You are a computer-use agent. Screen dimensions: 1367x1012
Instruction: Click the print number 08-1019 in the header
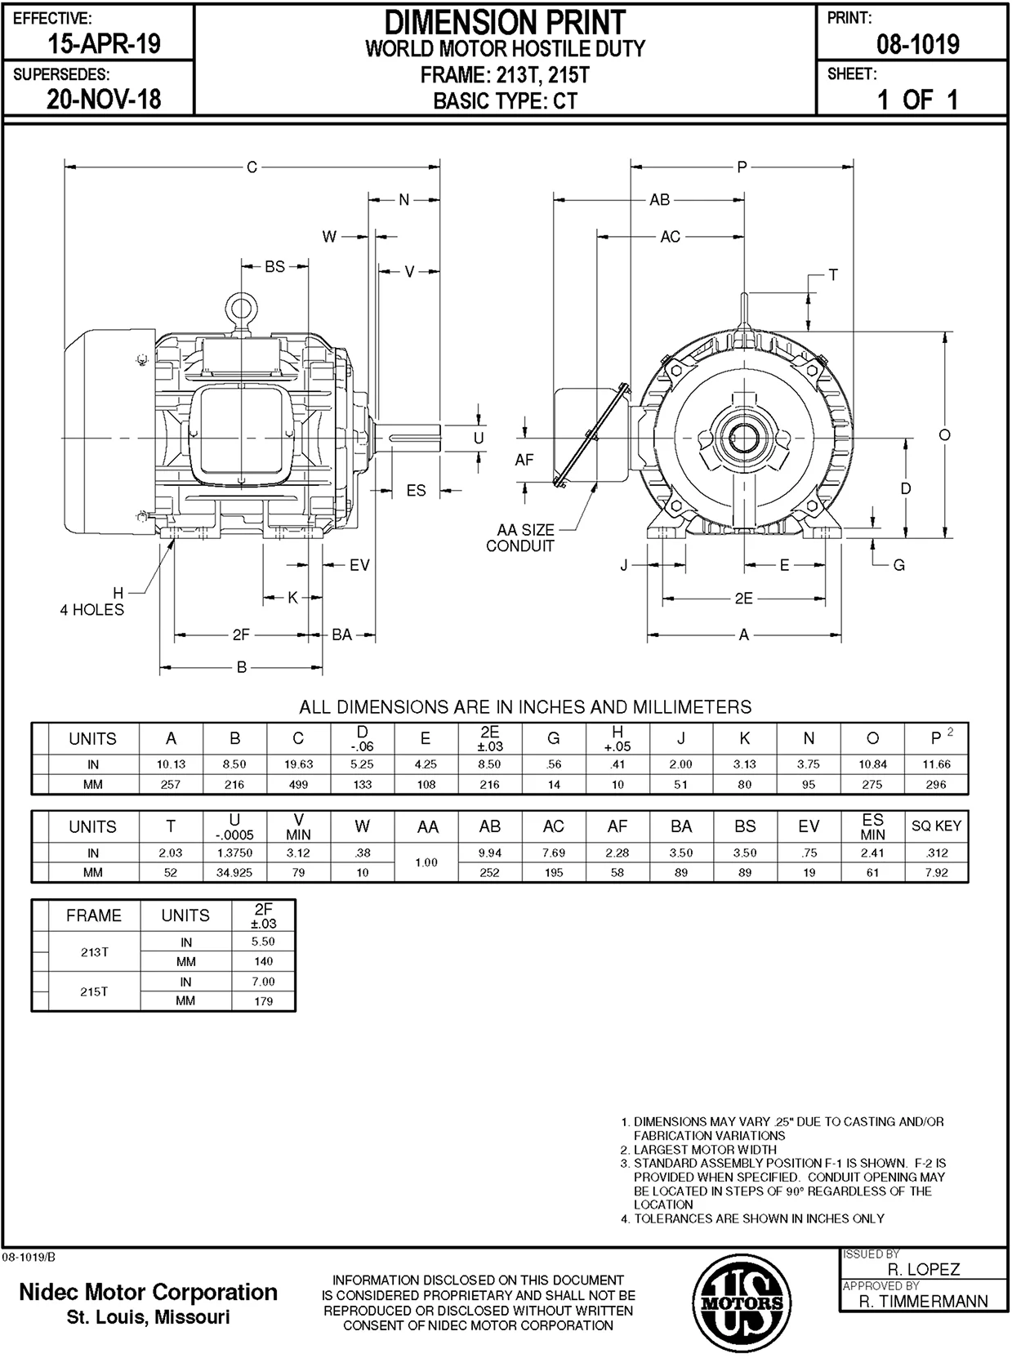[918, 44]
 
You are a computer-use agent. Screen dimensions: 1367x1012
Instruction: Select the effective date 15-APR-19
[104, 44]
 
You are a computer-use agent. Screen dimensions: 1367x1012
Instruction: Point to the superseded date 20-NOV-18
[104, 100]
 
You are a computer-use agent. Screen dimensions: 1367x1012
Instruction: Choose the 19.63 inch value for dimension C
[298, 764]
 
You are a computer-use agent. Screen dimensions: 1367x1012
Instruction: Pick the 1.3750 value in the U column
[234, 853]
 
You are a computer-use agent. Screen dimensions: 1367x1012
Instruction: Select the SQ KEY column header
[936, 826]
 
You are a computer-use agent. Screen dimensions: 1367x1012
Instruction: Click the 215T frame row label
[94, 991]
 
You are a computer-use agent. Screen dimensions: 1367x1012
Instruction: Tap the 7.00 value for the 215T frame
[263, 982]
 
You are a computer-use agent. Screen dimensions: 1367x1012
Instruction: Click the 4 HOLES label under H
[91, 610]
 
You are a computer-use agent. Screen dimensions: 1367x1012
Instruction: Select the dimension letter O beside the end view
[945, 435]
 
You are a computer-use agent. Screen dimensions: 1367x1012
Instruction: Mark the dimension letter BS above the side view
[274, 267]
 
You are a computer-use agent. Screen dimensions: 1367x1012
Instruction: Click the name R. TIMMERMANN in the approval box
[924, 1301]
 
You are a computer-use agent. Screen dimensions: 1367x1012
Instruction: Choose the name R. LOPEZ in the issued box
[924, 1269]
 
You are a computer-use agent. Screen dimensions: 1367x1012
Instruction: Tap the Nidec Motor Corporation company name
[148, 1292]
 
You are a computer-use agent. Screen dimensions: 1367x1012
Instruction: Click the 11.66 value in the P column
[936, 764]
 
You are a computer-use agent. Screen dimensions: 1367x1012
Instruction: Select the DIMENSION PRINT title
[505, 22]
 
